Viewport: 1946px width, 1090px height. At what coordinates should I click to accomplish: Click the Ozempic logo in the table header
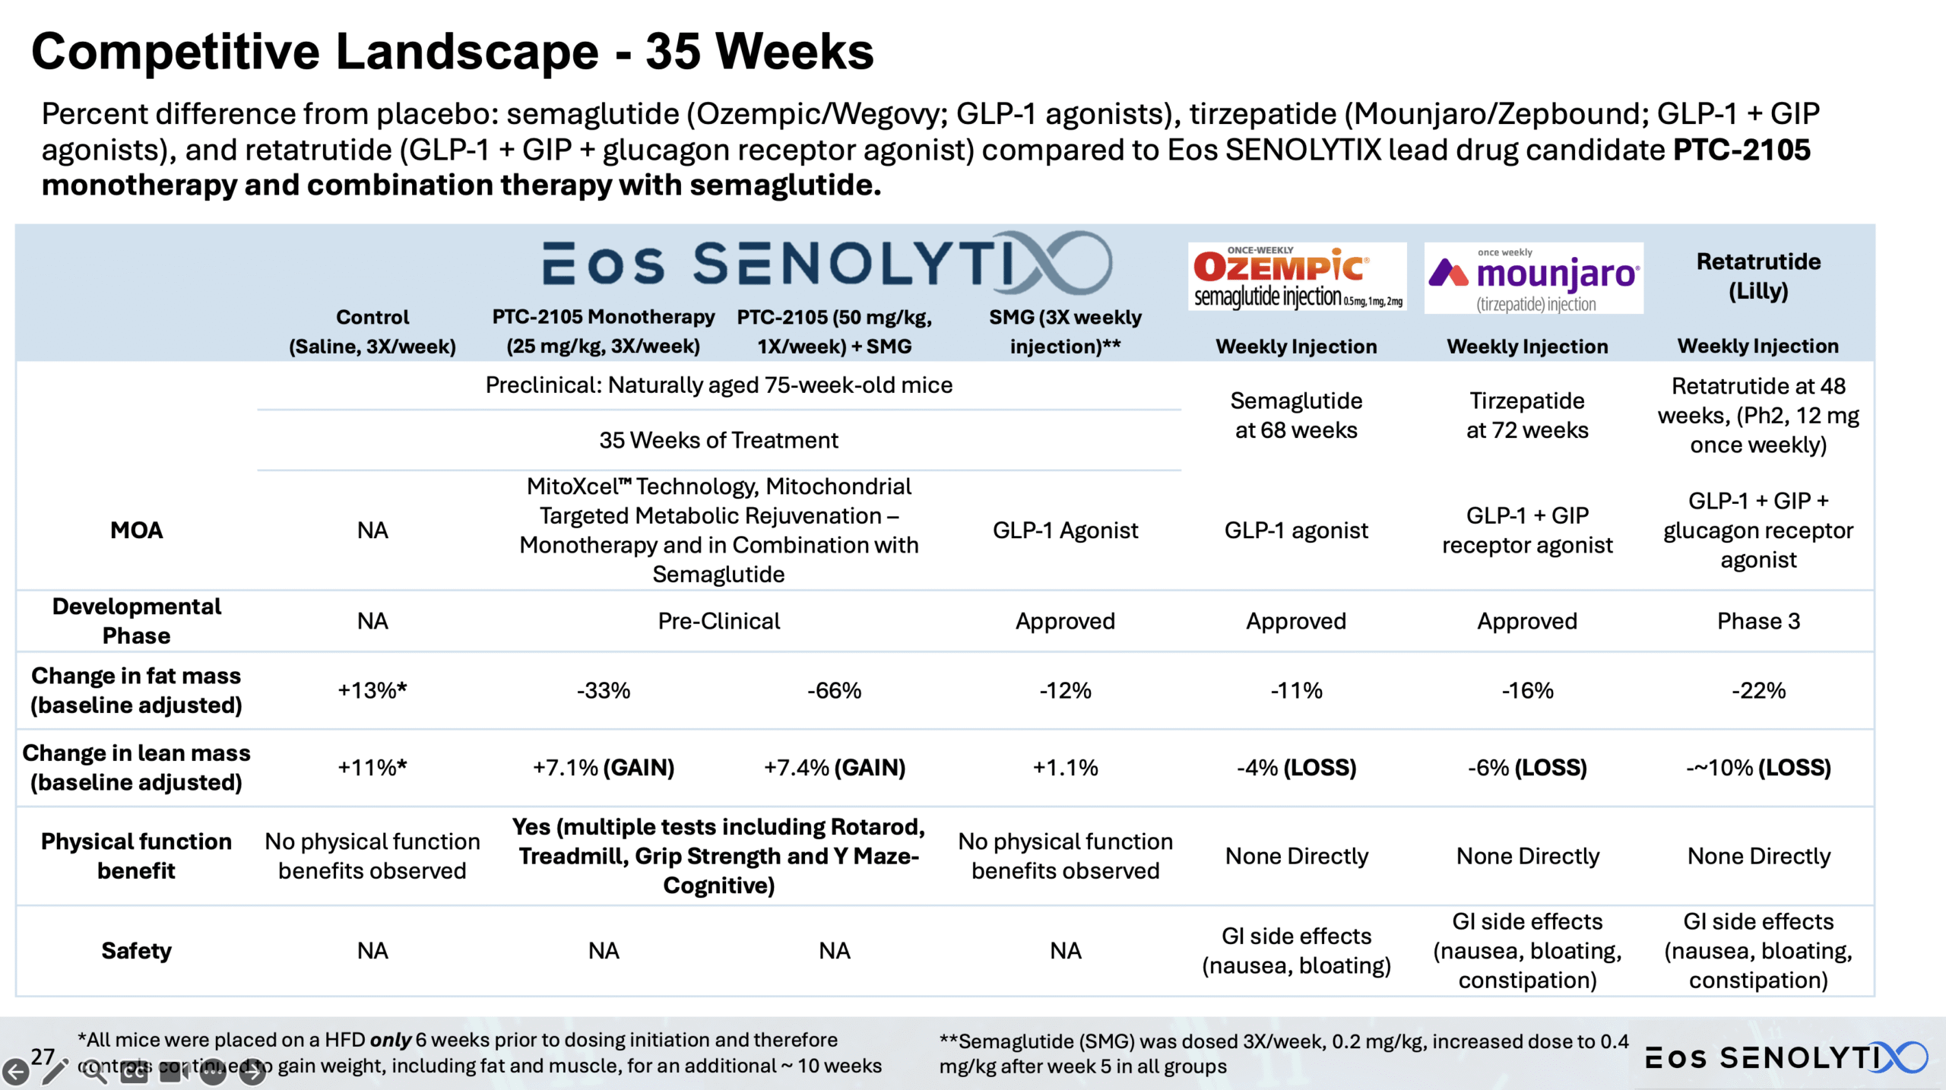click(x=1297, y=277)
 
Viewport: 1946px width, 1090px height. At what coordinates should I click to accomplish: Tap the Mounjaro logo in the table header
click(x=1533, y=278)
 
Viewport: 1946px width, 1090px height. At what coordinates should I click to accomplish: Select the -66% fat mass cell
click(x=834, y=690)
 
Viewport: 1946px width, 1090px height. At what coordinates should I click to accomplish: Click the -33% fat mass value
click(x=604, y=690)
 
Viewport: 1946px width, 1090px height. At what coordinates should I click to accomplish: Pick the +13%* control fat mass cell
click(x=372, y=690)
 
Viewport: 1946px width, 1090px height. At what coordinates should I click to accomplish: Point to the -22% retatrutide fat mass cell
click(x=1758, y=690)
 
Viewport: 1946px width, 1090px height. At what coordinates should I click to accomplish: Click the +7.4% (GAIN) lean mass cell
click(x=834, y=768)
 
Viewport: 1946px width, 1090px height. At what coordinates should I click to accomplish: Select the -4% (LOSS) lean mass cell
click(x=1296, y=768)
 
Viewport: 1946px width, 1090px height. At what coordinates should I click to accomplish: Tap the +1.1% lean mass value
click(x=1065, y=768)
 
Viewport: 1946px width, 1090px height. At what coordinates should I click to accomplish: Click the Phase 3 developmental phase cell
click(x=1758, y=621)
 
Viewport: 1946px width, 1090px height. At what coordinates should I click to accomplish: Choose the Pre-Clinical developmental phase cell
click(x=718, y=621)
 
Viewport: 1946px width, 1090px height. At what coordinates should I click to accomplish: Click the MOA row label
click(x=136, y=530)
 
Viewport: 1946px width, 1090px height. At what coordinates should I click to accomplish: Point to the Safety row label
click(x=136, y=951)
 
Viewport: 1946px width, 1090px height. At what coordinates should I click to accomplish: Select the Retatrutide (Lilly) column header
click(x=1758, y=276)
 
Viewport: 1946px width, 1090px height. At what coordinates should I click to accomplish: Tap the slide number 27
click(x=43, y=1056)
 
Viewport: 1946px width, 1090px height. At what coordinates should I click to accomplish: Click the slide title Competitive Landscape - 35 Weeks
click(x=452, y=52)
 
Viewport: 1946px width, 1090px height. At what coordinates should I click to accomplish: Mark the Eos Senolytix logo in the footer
click(x=1786, y=1057)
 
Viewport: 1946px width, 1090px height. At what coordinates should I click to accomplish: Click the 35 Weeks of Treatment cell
click(x=718, y=440)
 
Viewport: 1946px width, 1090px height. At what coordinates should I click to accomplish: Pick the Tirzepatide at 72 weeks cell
click(x=1527, y=415)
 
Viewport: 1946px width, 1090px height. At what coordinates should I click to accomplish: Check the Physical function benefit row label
click(x=136, y=856)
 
